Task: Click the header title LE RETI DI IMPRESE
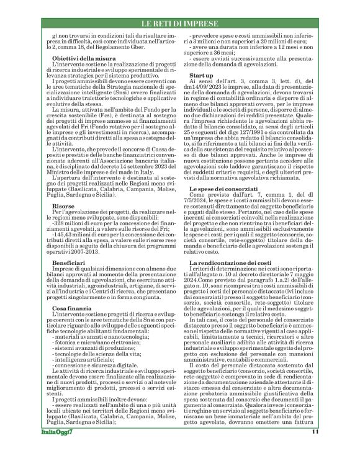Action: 180,24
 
